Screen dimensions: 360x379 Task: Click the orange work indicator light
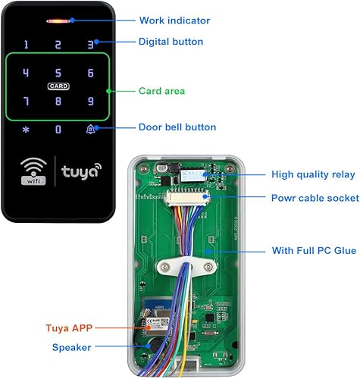point(58,21)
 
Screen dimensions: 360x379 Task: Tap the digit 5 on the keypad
point(58,73)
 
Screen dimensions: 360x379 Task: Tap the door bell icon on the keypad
point(90,130)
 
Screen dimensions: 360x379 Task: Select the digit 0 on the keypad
point(58,130)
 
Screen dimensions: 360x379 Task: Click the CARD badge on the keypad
point(58,86)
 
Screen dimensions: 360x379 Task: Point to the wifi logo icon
point(33,171)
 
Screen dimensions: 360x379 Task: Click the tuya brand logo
point(81,171)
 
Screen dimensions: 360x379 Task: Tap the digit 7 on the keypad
point(26,102)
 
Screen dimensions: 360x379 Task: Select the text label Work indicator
point(174,20)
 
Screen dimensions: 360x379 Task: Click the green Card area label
point(162,91)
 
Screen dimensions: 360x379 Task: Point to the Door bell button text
point(177,127)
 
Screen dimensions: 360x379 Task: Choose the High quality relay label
point(313,174)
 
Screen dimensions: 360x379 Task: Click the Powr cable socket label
point(315,198)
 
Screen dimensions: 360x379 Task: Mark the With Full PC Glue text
point(314,251)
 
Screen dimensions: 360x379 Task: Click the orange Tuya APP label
point(69,328)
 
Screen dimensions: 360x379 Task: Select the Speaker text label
point(71,347)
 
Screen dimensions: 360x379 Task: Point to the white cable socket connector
point(187,198)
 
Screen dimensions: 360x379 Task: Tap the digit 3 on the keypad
point(90,45)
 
